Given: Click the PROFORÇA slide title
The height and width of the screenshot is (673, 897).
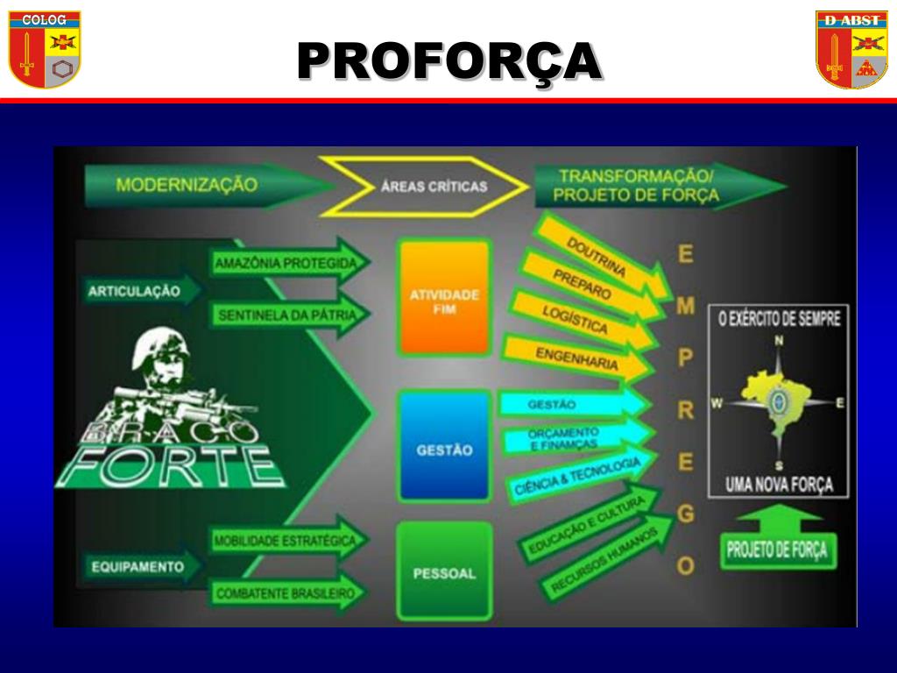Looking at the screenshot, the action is pyautogui.click(x=448, y=61).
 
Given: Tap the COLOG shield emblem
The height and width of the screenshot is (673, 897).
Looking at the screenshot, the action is pyautogui.click(x=45, y=49).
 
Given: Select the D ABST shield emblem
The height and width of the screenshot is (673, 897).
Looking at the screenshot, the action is pyautogui.click(x=851, y=49).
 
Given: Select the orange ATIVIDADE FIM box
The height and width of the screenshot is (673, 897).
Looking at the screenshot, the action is pyautogui.click(x=443, y=298).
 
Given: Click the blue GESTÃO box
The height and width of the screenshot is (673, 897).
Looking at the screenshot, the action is pyautogui.click(x=443, y=449).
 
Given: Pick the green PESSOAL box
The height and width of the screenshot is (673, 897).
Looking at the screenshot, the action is pyautogui.click(x=443, y=573).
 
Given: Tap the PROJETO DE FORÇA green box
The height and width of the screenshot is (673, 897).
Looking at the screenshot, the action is pyautogui.click(x=776, y=550).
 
